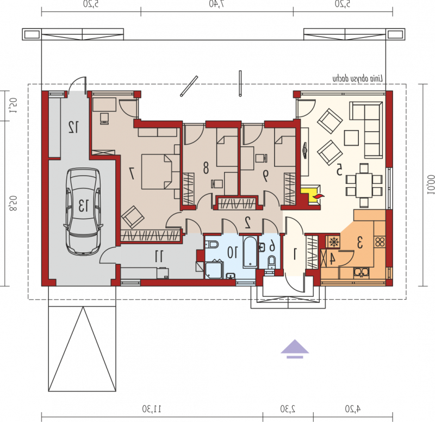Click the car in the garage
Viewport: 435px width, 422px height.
click(x=83, y=211)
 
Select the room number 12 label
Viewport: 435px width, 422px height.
click(x=73, y=127)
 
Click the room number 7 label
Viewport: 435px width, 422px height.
click(x=132, y=173)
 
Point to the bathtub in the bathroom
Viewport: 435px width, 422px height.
click(x=250, y=252)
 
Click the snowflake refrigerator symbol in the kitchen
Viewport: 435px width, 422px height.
click(x=334, y=242)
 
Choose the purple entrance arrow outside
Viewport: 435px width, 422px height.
click(x=295, y=349)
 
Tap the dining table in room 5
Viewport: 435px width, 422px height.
click(x=364, y=185)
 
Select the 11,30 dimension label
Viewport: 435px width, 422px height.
click(x=152, y=409)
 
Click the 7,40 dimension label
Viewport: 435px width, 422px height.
click(x=217, y=4)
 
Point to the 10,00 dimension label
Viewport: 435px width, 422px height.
click(x=430, y=184)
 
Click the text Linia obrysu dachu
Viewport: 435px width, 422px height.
click(x=358, y=79)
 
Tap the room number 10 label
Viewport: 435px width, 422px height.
click(x=233, y=252)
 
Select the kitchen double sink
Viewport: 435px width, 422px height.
click(x=361, y=272)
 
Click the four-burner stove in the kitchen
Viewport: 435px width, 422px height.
click(x=380, y=241)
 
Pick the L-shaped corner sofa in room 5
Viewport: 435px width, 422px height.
click(x=366, y=129)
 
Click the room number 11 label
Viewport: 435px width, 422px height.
click(x=159, y=256)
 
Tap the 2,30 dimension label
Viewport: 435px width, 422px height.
click(x=288, y=409)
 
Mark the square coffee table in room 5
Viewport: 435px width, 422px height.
click(x=351, y=138)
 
